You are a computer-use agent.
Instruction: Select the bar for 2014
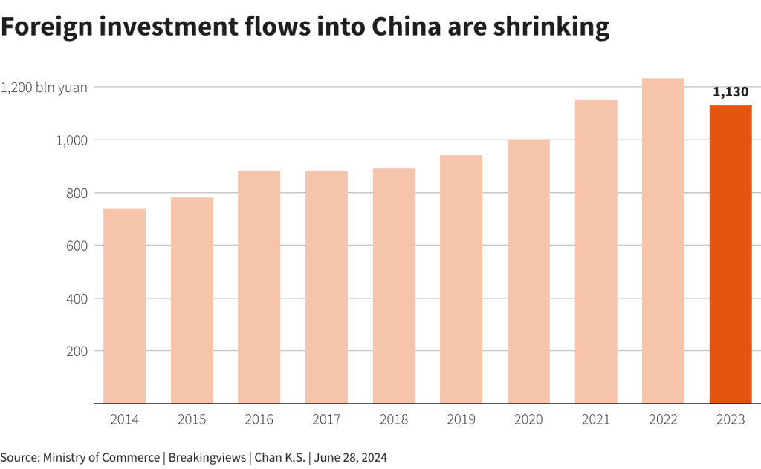tap(124, 306)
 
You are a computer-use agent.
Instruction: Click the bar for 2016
tap(259, 287)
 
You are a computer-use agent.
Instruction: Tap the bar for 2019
tap(461, 279)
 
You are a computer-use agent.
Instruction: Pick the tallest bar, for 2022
tap(663, 240)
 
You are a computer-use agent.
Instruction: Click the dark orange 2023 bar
tap(731, 255)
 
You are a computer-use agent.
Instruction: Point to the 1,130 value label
tap(731, 93)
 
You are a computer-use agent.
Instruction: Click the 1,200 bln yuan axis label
tap(44, 87)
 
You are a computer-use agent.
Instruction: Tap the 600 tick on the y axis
tap(77, 246)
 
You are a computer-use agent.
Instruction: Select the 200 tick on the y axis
tap(77, 351)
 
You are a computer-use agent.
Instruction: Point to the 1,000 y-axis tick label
tap(71, 140)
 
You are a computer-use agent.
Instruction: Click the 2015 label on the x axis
tap(192, 419)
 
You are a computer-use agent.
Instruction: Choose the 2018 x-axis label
tap(394, 419)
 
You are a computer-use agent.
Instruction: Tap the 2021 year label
tap(596, 419)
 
